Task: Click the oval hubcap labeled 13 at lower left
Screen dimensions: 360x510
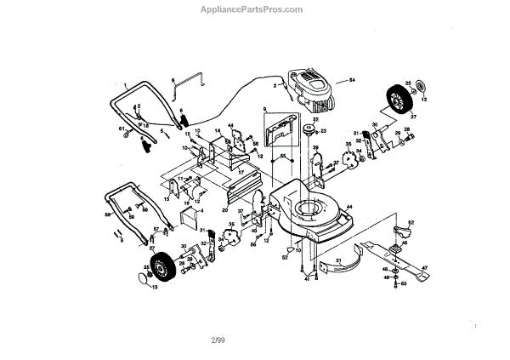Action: (140, 277)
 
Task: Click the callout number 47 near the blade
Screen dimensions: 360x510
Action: (424, 269)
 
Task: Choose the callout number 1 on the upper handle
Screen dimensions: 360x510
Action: (124, 84)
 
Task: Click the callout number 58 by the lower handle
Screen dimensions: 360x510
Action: (108, 216)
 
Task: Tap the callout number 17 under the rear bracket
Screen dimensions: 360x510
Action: (241, 173)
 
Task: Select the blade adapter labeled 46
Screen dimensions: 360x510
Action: (396, 243)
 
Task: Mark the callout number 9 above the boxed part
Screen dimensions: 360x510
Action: (264, 109)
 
